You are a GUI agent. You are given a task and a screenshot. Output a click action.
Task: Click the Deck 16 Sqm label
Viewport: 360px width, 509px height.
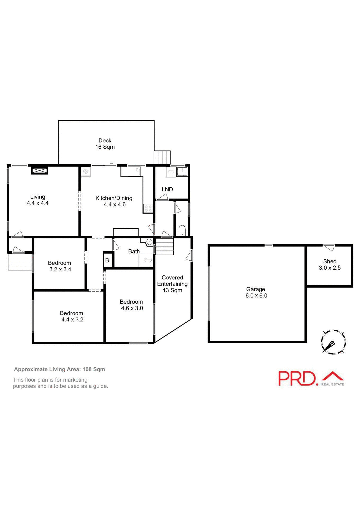[x=105, y=144]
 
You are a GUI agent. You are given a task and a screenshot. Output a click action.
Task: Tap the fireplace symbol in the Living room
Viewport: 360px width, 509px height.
[x=39, y=170]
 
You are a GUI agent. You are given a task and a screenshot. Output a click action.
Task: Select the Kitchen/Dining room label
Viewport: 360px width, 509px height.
[x=114, y=201]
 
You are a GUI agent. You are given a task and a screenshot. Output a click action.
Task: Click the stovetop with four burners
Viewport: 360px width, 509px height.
[x=148, y=208]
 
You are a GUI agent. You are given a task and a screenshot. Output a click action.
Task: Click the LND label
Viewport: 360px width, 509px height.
[x=167, y=189]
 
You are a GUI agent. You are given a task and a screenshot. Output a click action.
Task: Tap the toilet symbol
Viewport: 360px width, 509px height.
[x=182, y=230]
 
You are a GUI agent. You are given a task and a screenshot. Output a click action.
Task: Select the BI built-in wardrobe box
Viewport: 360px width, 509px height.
[x=108, y=260]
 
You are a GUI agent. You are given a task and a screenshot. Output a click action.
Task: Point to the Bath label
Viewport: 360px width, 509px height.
[x=134, y=251]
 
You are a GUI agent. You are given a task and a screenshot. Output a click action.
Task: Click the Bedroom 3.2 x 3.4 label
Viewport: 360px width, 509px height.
[x=59, y=266]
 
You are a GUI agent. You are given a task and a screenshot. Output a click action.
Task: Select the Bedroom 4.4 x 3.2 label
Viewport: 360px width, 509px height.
[x=72, y=316]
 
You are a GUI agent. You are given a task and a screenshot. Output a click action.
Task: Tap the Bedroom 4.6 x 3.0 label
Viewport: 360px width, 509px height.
[x=131, y=305]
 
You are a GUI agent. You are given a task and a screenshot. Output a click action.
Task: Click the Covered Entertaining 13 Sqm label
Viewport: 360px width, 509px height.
[x=172, y=284]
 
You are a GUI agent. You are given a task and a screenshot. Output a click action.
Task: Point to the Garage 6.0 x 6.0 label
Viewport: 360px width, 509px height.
[x=256, y=292]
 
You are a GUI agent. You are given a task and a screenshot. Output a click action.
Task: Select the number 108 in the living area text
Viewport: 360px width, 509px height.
[x=87, y=369]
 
